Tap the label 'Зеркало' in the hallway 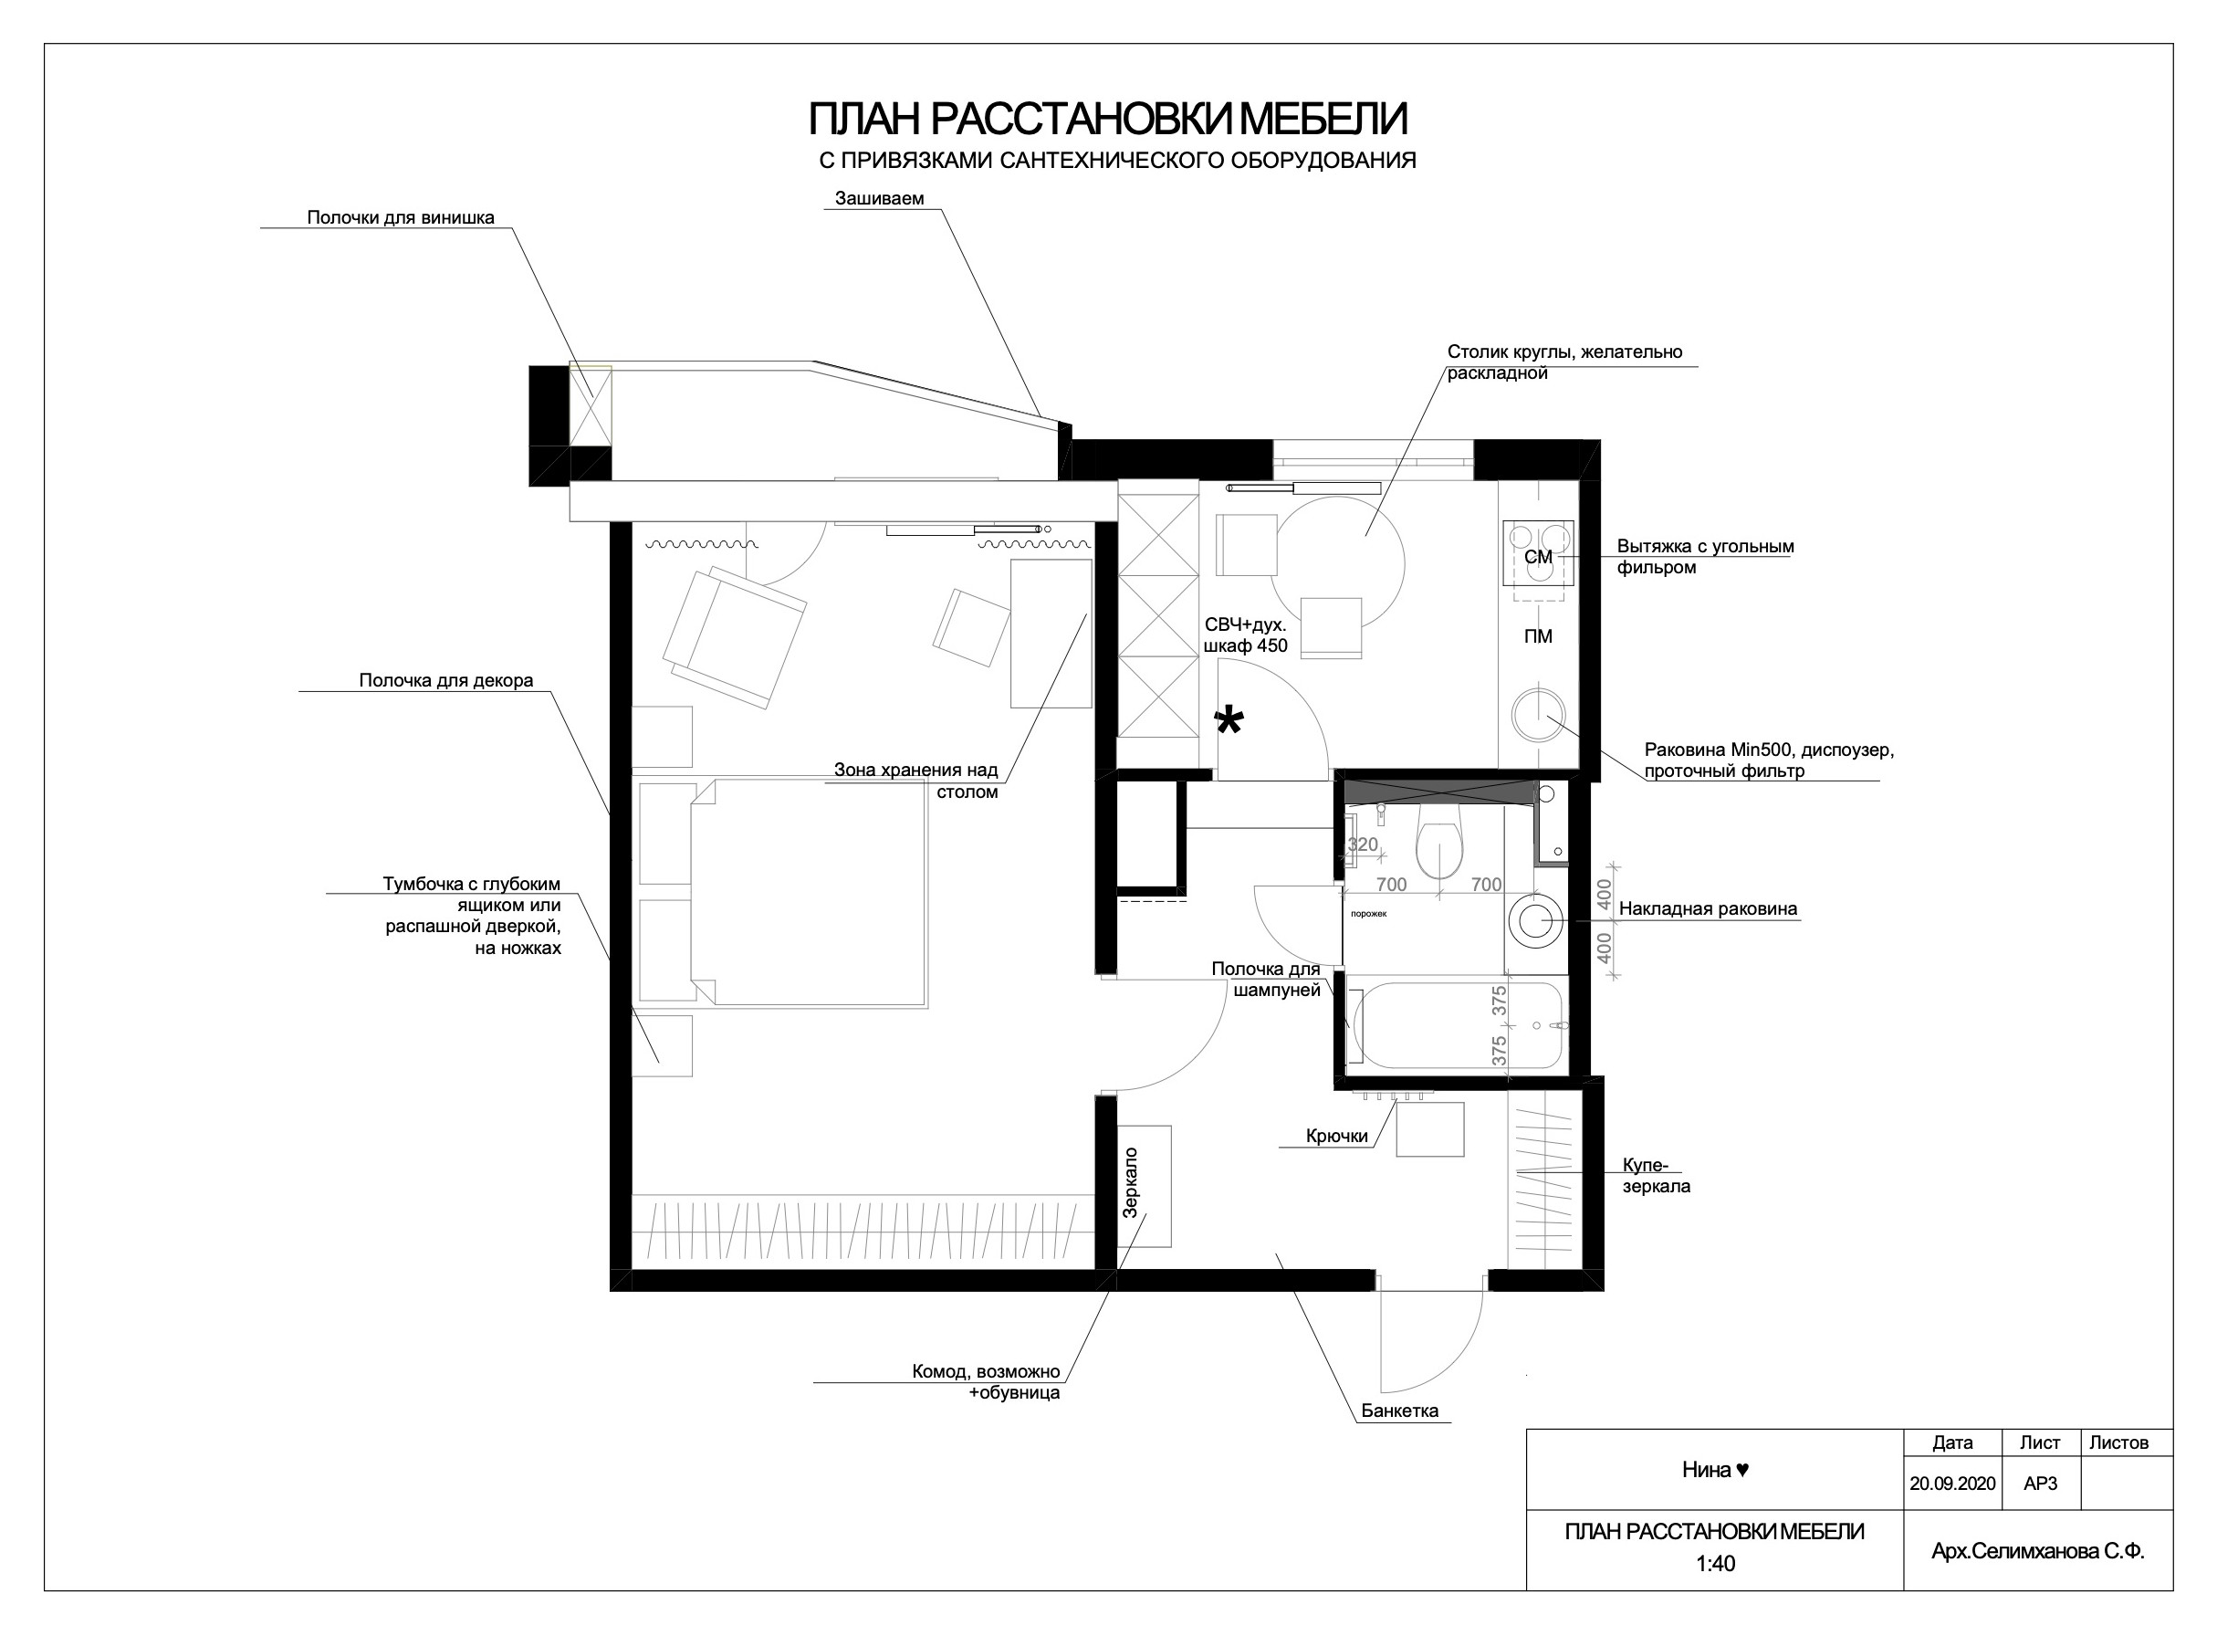(x=1131, y=1182)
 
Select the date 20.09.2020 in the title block (x=1952, y=1484)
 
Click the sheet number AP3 (x=2041, y=1484)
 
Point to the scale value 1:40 (x=1715, y=1564)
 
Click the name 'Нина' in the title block (x=1706, y=1470)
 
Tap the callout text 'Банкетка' (x=1399, y=1411)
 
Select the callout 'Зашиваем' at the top (x=879, y=198)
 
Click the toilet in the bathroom (x=1439, y=840)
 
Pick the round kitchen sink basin (x=1539, y=714)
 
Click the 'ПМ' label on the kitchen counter (x=1538, y=636)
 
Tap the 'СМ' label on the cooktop (x=1538, y=558)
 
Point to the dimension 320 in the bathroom (x=1363, y=844)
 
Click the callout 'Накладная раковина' (x=1708, y=908)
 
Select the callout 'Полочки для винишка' (x=400, y=217)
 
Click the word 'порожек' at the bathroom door (x=1368, y=914)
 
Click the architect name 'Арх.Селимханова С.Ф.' (x=2038, y=1552)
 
